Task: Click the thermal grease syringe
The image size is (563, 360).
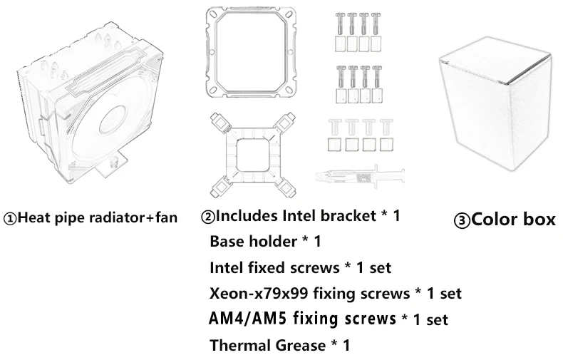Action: (x=360, y=176)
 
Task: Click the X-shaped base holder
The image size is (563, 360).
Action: (x=253, y=155)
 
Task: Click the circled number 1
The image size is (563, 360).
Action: (x=10, y=219)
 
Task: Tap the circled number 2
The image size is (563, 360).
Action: (x=208, y=217)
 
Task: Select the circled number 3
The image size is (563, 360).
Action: (x=462, y=221)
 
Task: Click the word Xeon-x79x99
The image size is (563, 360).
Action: (x=259, y=294)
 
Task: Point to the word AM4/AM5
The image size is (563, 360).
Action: (x=248, y=319)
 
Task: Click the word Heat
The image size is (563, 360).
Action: (x=34, y=217)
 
